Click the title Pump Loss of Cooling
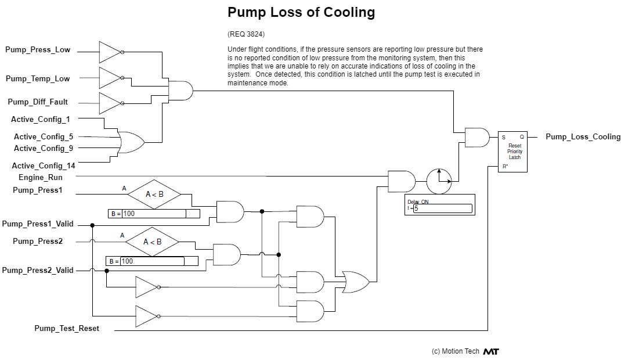point(301,12)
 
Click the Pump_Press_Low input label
point(38,50)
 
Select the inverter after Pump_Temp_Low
point(110,78)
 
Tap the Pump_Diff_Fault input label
point(38,102)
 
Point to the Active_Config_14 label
point(44,166)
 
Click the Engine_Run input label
point(41,178)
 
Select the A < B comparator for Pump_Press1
point(154,195)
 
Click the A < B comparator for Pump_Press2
point(152,242)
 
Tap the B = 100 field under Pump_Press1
point(154,214)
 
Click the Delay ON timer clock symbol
point(439,181)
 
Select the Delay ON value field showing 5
point(443,208)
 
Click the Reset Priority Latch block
point(514,152)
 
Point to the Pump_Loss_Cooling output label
point(583,137)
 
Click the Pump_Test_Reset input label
point(67,329)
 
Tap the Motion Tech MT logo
point(491,351)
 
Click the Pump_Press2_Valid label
point(38,270)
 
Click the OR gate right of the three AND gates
point(356,282)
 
